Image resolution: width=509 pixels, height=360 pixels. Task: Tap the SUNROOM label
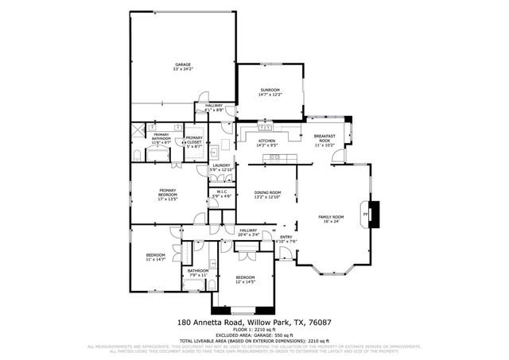click(x=270, y=92)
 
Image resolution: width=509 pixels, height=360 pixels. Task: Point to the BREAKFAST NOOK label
click(x=325, y=138)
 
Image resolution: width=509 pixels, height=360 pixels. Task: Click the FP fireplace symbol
click(x=366, y=215)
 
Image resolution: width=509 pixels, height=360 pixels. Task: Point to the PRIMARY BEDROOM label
click(x=167, y=192)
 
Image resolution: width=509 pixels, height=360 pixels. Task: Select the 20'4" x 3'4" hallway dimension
click(x=249, y=235)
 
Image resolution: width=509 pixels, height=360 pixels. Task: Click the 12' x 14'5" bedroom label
click(x=244, y=280)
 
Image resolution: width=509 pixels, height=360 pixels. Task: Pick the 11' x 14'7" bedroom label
click(x=155, y=257)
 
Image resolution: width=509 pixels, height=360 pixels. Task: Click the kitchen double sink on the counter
click(x=266, y=127)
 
